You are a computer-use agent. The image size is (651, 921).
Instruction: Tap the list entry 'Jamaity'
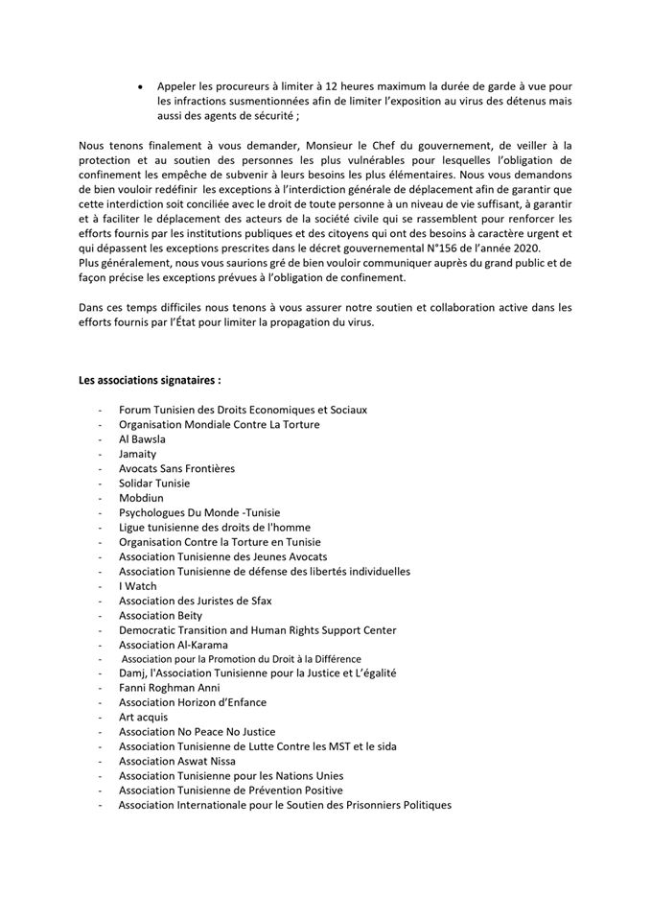point(137,453)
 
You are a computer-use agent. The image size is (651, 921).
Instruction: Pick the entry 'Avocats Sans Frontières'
point(176,468)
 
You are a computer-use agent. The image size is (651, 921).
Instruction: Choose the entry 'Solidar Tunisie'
point(154,483)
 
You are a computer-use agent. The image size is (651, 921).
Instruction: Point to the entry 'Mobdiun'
point(140,498)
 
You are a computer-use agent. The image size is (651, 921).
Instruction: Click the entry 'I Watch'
point(138,586)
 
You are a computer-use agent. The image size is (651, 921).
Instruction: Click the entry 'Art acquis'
point(143,717)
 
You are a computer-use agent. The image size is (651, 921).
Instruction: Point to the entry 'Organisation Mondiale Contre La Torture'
point(219,424)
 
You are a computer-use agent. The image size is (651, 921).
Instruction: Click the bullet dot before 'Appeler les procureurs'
point(142,85)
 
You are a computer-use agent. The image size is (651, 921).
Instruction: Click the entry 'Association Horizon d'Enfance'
point(193,702)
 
